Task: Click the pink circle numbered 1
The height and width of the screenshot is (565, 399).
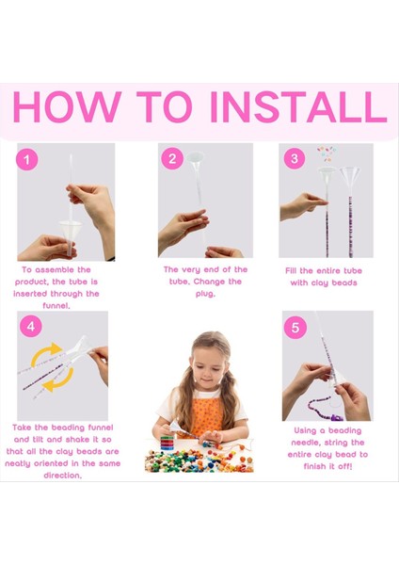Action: pyautogui.click(x=27, y=159)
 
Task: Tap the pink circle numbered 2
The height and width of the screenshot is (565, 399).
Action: pyautogui.click(x=172, y=159)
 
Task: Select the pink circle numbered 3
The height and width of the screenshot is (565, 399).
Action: pyautogui.click(x=295, y=158)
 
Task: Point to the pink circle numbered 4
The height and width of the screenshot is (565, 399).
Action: pyautogui.click(x=31, y=327)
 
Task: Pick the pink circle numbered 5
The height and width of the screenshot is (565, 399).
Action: pyautogui.click(x=295, y=328)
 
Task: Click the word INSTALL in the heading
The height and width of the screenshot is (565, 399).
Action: pyautogui.click(x=298, y=107)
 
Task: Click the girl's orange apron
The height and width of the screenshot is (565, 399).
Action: pyautogui.click(x=207, y=415)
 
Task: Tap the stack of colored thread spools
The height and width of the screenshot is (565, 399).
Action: pyautogui.click(x=167, y=443)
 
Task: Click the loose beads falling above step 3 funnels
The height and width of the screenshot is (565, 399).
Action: pyautogui.click(x=327, y=153)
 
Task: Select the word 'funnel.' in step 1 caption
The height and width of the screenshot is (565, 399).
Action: pyautogui.click(x=56, y=305)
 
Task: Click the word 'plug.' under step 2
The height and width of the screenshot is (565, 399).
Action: pyautogui.click(x=205, y=294)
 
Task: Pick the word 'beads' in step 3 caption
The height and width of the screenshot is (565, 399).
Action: pyautogui.click(x=344, y=282)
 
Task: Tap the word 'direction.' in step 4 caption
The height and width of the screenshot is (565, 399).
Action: pyautogui.click(x=63, y=476)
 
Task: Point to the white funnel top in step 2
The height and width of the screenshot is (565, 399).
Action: pyautogui.click(x=195, y=158)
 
